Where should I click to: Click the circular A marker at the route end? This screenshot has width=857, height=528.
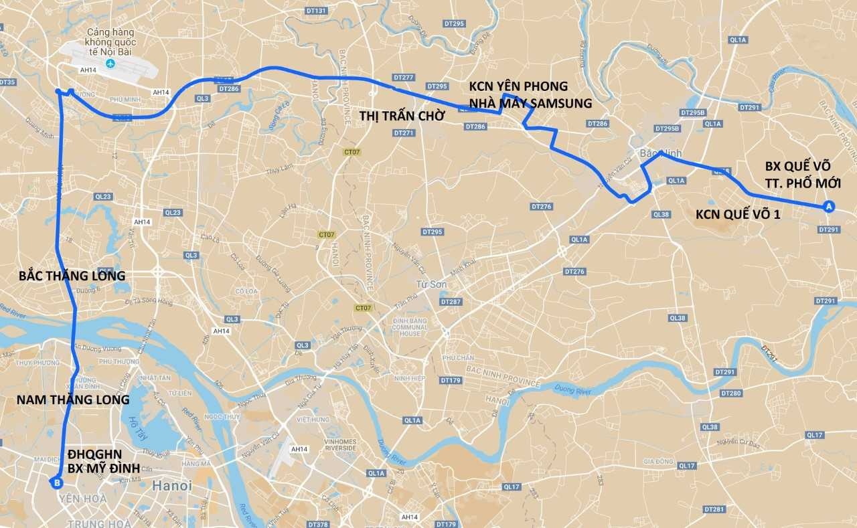coord(828,206)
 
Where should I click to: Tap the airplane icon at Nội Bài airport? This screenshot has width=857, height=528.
coord(110,63)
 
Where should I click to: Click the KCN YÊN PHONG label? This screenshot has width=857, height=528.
coord(518,86)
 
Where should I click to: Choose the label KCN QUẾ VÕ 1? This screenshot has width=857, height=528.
coord(738,213)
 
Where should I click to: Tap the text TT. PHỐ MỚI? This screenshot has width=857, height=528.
coord(803,183)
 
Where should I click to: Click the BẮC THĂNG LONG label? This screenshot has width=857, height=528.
coord(72,276)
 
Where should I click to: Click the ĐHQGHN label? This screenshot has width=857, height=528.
coord(94,453)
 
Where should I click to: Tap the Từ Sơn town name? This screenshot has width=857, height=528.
coord(427,284)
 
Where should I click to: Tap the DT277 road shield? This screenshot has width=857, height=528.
coord(404,78)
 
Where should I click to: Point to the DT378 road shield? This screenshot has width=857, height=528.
coord(317,524)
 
